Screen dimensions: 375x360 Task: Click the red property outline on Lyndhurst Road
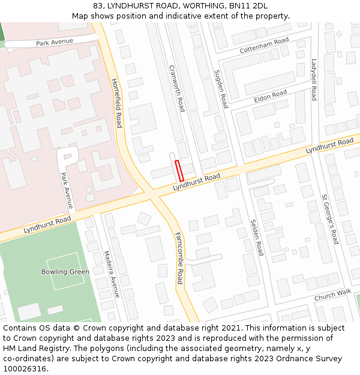pyautogui.click(x=179, y=171)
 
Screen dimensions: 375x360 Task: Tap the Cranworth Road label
pyautogui.click(x=176, y=88)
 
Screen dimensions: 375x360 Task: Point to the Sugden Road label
pyautogui.click(x=221, y=89)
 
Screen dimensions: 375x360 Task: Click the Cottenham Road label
pyautogui.click(x=264, y=46)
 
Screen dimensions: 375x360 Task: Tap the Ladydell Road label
pyautogui.click(x=314, y=79)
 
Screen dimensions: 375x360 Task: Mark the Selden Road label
pyautogui.click(x=256, y=237)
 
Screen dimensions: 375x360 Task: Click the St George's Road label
pyautogui.click(x=330, y=219)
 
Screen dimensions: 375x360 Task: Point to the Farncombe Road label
pyautogui.click(x=179, y=259)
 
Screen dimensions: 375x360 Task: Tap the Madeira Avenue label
pyautogui.click(x=111, y=274)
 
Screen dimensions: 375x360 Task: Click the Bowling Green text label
pyautogui.click(x=65, y=272)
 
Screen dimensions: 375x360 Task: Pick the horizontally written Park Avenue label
pyautogui.click(x=54, y=42)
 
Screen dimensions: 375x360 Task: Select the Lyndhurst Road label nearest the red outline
pyautogui.click(x=197, y=183)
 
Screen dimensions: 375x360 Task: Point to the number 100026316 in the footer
pyautogui.click(x=25, y=368)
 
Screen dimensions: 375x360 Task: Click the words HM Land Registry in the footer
pyautogui.click(x=32, y=348)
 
